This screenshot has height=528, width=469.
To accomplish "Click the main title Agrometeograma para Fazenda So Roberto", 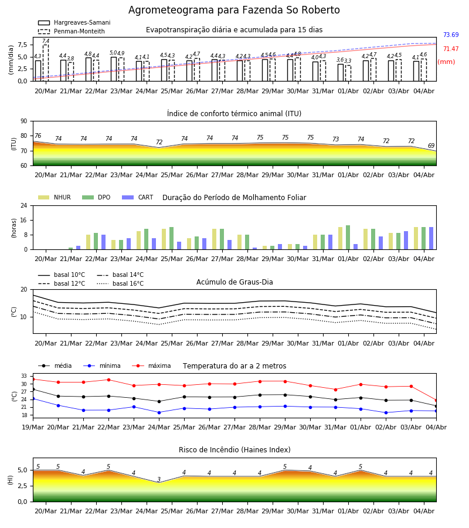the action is click(234, 10).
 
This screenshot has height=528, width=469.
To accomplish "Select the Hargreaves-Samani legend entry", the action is click(74, 22).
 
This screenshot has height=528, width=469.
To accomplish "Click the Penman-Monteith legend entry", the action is click(72, 31).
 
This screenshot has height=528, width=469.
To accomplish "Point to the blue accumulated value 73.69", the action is click(451, 35).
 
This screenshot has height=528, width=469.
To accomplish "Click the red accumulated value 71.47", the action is click(451, 49).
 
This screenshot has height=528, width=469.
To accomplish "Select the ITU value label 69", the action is click(431, 146).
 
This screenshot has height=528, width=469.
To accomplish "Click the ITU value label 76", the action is click(38, 136).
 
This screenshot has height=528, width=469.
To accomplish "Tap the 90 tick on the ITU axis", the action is click(24, 121).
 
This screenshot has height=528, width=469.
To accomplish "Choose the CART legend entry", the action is click(138, 197).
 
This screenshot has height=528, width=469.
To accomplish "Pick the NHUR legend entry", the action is click(55, 197).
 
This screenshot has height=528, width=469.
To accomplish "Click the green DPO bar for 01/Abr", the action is click(348, 238).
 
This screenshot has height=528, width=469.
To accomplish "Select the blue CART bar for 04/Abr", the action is click(431, 238).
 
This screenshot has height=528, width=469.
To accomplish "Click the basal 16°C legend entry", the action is click(120, 283).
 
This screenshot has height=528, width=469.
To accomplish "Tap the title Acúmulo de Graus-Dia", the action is click(235, 282).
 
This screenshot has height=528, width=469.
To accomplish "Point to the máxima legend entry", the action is click(151, 365).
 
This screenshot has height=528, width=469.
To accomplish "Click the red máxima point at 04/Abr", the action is click(436, 401).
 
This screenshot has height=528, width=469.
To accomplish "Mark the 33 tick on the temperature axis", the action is click(24, 376).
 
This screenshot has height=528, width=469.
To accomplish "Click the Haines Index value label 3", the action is click(159, 479).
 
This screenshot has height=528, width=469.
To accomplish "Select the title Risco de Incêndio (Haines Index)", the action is click(235, 450).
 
